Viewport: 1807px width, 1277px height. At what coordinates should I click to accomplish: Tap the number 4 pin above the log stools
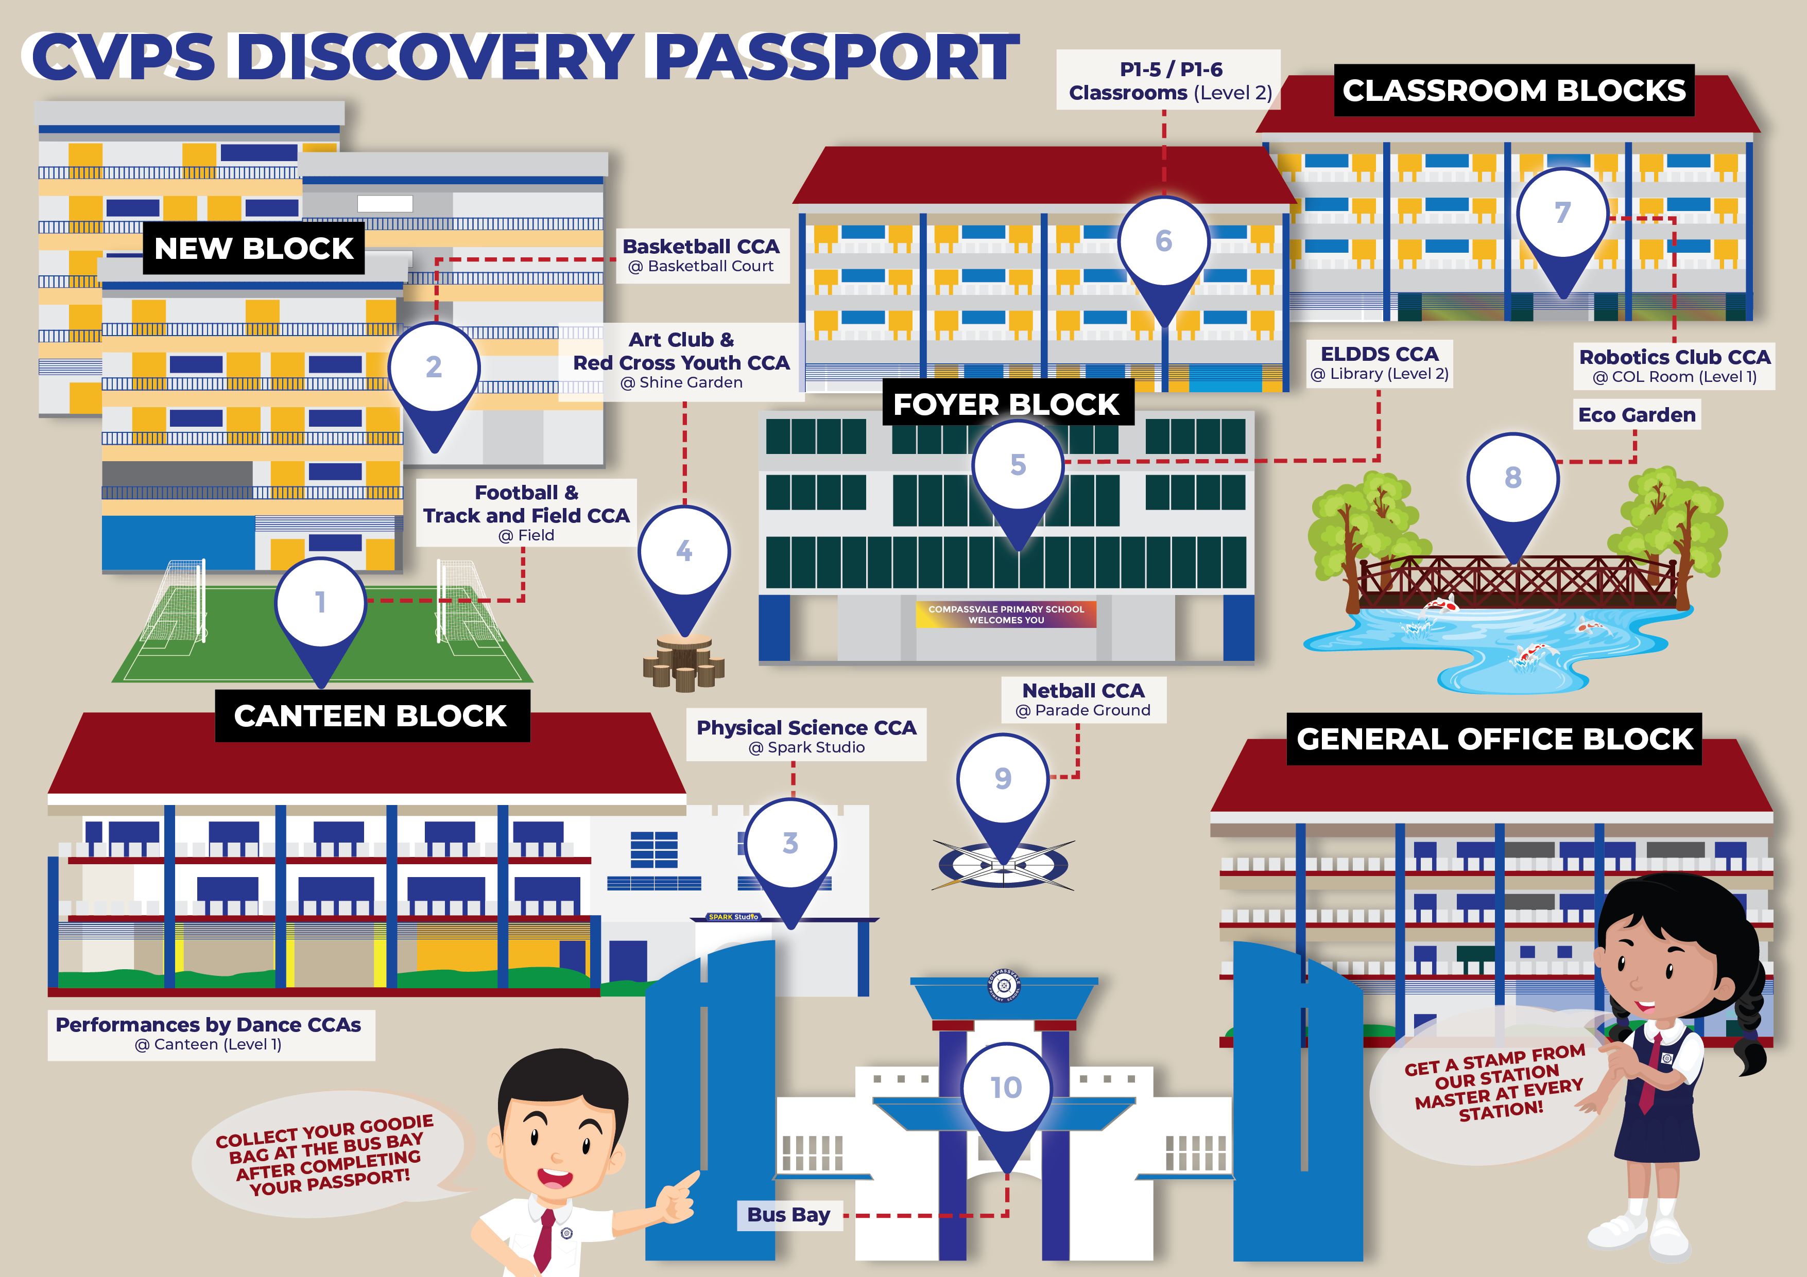684,563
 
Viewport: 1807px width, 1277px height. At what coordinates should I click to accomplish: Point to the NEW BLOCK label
253,248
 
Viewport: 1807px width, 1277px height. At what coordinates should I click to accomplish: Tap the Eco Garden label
1637,415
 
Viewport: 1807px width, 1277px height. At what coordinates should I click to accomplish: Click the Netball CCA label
1083,699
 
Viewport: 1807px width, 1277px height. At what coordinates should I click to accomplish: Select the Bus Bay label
788,1215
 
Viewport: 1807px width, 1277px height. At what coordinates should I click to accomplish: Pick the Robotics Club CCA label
1675,366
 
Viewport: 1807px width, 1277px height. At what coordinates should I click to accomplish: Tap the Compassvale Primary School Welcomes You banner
1006,615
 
